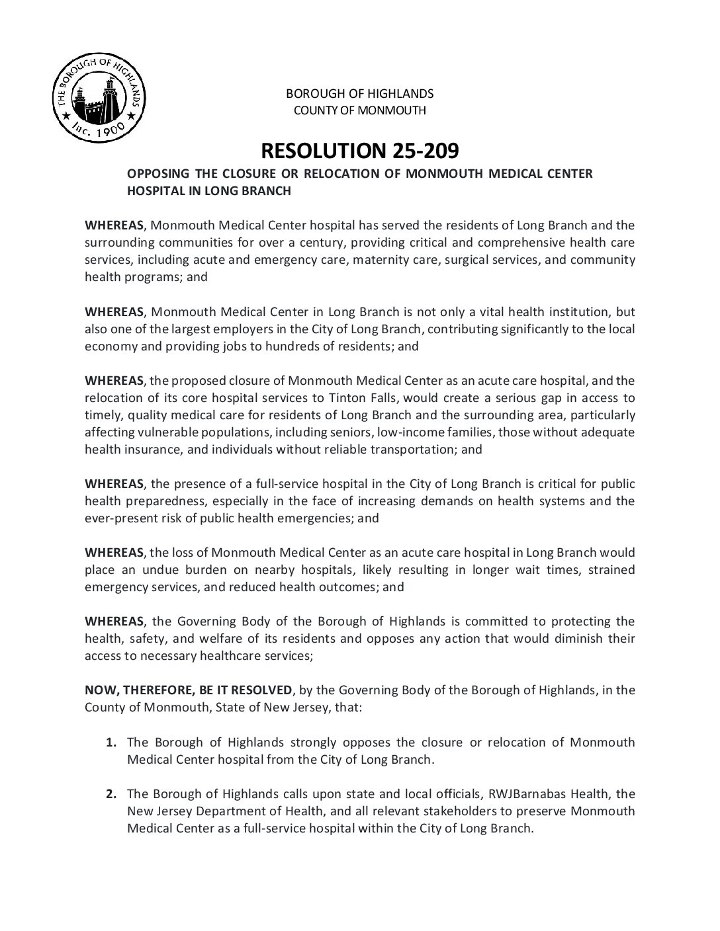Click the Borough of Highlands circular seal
point(98,99)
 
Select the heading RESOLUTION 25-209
point(359,151)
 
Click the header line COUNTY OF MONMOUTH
point(359,110)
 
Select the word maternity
point(381,260)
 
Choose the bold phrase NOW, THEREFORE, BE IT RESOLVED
point(188,690)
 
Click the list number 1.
point(111,742)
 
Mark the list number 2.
point(111,793)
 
